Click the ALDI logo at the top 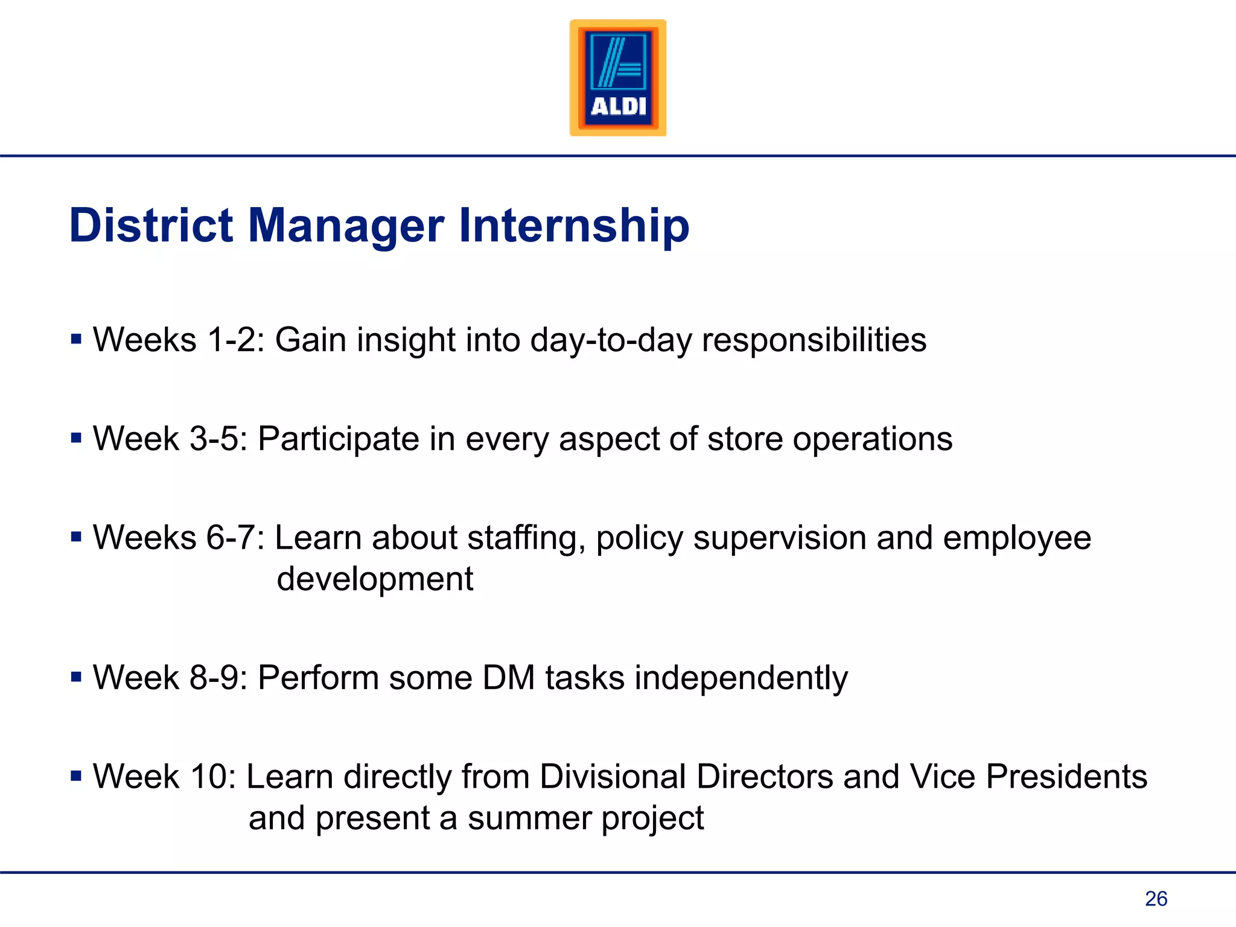coord(618,78)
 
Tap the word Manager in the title coord(346,226)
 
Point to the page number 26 coord(1156,899)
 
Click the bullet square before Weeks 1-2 coord(76,339)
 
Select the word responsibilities coord(814,340)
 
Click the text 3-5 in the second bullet coord(214,439)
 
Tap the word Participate coord(338,439)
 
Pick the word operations coord(872,439)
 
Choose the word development coord(375,579)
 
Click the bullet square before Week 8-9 coord(76,677)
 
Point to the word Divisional coord(612,776)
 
